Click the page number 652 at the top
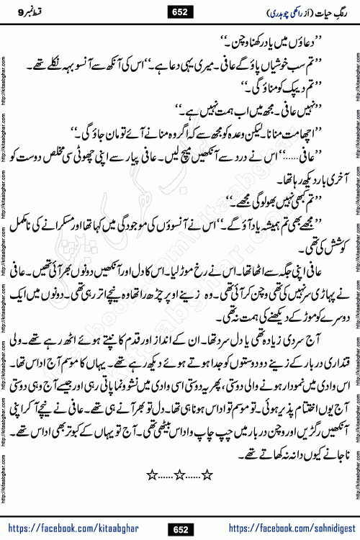[x=180, y=10]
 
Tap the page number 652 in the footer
[x=180, y=530]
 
